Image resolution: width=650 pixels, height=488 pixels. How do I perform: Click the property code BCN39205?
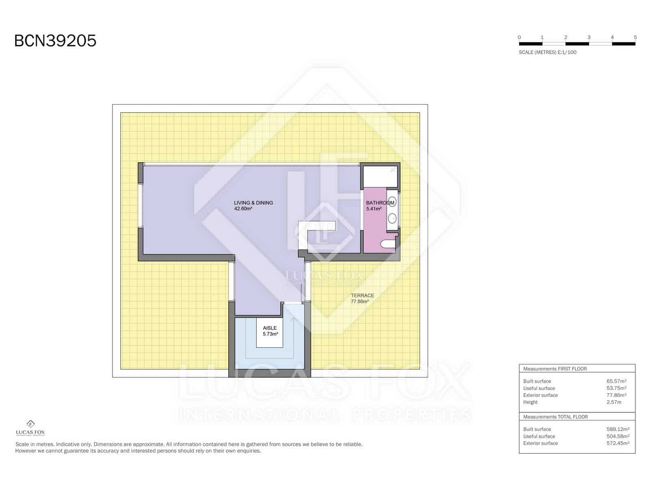coord(55,41)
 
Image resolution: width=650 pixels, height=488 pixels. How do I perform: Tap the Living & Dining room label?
coord(253,203)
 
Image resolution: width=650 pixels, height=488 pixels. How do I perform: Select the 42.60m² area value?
coord(243,209)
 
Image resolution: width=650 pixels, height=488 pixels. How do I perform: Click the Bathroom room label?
coord(380,203)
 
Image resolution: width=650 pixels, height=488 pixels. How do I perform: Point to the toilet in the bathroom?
coord(388,244)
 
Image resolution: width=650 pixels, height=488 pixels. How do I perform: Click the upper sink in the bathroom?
coord(392,202)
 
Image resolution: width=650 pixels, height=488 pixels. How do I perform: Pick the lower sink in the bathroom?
coord(392,218)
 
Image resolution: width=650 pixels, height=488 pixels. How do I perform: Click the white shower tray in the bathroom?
coord(379,176)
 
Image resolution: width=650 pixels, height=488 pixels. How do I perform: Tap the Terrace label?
coord(362,296)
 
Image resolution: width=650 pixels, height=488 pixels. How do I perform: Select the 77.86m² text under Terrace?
coord(360,302)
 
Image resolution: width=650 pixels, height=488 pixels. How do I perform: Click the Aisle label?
coord(270,328)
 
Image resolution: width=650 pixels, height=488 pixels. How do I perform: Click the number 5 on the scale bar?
coord(635,37)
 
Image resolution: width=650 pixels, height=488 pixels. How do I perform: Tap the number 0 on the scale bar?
coord(519,37)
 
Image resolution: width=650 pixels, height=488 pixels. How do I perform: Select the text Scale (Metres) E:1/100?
coord(547,52)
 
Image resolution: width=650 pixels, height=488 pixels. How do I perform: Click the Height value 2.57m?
coord(613,402)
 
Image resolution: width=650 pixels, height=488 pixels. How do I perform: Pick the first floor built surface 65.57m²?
coord(616,381)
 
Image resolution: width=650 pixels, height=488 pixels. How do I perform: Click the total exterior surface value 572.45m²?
coord(617,443)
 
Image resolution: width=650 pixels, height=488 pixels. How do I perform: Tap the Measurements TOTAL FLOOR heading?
coord(555,417)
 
